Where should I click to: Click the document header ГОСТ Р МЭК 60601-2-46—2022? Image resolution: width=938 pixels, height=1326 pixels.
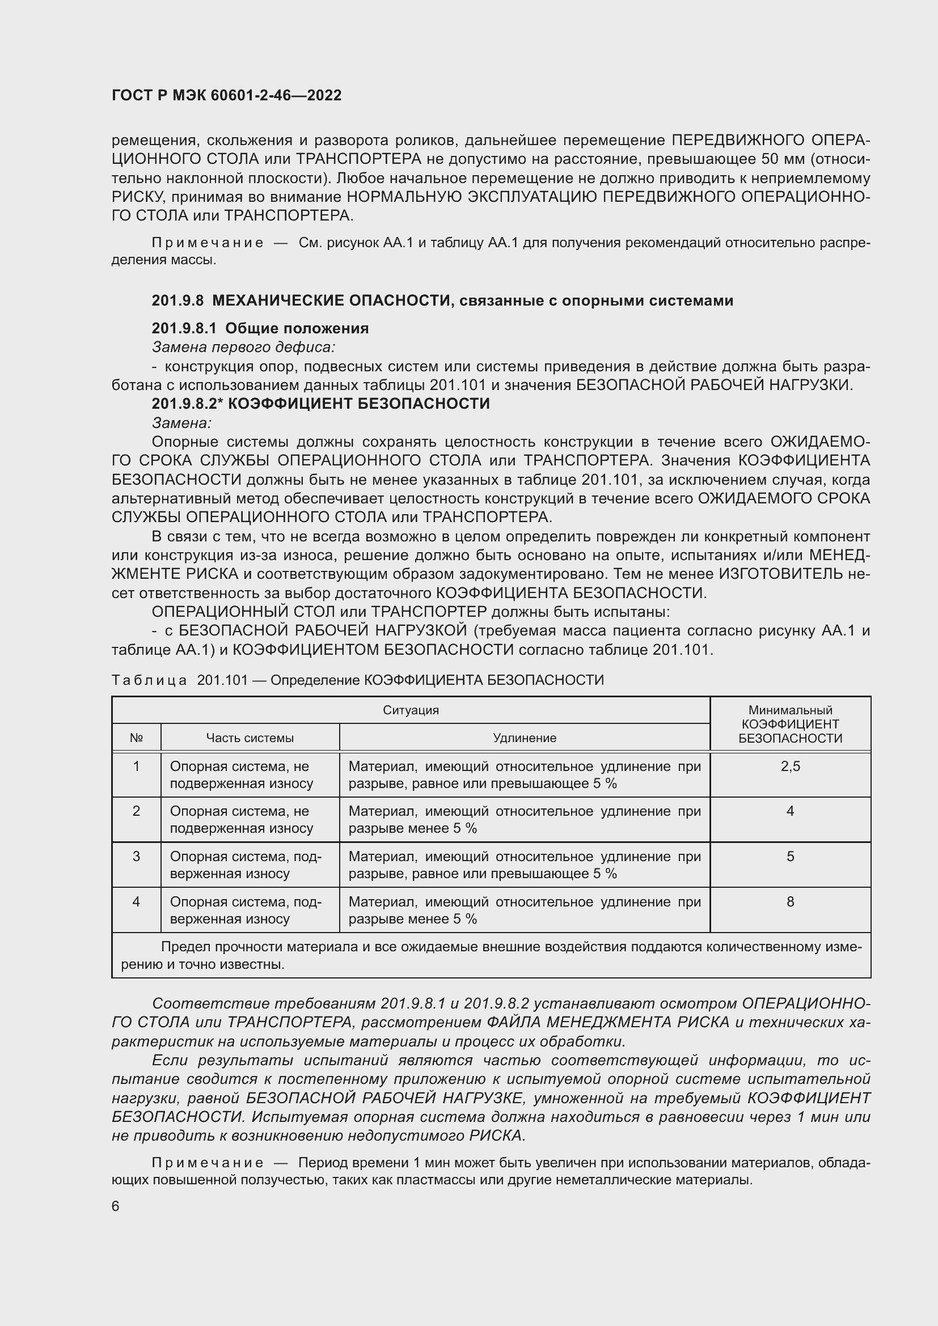click(x=226, y=95)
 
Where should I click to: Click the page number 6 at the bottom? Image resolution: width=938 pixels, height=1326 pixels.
click(x=116, y=1206)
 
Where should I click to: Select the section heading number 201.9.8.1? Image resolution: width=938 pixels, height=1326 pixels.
click(x=184, y=328)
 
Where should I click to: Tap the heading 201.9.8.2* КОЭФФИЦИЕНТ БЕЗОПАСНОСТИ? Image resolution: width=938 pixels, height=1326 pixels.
click(x=320, y=403)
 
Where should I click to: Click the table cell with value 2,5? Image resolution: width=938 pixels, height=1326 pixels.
click(x=789, y=766)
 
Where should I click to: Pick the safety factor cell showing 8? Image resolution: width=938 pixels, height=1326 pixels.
click(x=789, y=901)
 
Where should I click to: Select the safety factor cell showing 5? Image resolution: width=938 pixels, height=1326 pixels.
click(x=789, y=857)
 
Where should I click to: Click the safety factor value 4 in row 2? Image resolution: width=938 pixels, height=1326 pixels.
click(x=789, y=811)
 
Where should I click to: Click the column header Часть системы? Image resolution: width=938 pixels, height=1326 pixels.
click(x=250, y=738)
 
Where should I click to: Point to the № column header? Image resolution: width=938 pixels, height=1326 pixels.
click(x=136, y=738)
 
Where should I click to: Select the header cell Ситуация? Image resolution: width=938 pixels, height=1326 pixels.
click(x=411, y=710)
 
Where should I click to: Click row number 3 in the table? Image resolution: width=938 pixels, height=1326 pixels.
click(x=136, y=857)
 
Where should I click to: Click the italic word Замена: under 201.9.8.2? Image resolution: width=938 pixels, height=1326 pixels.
click(x=181, y=423)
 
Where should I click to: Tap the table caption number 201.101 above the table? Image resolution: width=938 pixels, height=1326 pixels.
click(x=222, y=680)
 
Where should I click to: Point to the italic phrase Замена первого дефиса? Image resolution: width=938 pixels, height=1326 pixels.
click(x=243, y=347)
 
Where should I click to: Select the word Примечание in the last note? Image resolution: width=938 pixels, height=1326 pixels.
click(x=208, y=1163)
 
